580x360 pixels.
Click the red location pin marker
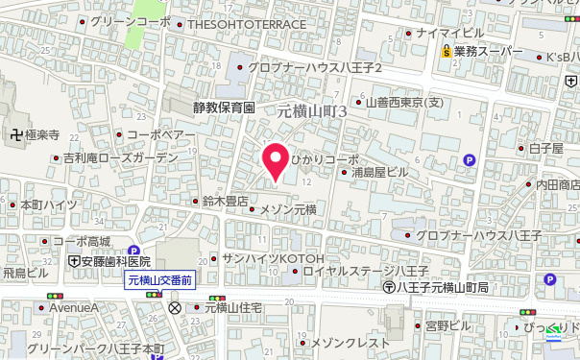pyautogui.click(x=278, y=160)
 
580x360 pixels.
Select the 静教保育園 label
pyautogui.click(x=222, y=108)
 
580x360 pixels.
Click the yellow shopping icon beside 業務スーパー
pyautogui.click(x=447, y=52)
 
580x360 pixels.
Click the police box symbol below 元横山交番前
pyautogui.click(x=175, y=308)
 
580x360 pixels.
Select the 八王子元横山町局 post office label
pyautogui.click(x=443, y=287)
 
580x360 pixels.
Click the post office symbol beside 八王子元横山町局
pyautogui.click(x=388, y=287)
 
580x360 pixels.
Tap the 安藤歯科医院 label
pyautogui.click(x=117, y=261)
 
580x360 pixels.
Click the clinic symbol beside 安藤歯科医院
pyautogui.click(x=74, y=261)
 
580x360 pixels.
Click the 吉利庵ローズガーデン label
pyautogui.click(x=121, y=157)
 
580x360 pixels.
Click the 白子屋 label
pyautogui.click(x=544, y=148)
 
